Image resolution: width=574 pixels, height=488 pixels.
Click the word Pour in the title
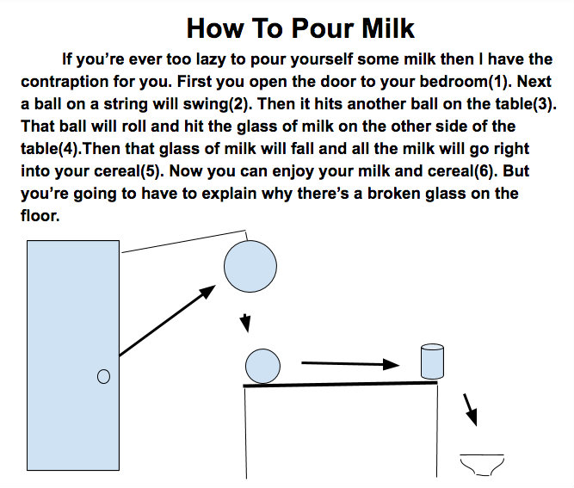(323, 28)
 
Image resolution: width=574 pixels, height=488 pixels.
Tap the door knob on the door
(103, 376)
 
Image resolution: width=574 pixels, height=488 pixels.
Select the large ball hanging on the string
(250, 266)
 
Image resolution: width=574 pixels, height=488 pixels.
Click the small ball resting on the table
(262, 367)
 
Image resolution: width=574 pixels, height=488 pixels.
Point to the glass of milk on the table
(432, 361)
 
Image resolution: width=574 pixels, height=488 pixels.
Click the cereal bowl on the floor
(482, 465)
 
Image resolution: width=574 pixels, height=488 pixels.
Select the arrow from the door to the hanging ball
(167, 321)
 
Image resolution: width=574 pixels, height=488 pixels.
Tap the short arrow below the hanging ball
(245, 323)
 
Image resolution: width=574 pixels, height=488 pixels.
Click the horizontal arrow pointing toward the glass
(350, 364)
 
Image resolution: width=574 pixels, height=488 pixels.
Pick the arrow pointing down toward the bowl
(470, 410)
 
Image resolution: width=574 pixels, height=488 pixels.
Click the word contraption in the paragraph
(65, 82)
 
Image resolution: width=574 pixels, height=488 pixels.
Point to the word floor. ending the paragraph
(40, 216)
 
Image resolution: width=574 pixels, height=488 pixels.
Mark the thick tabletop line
(341, 384)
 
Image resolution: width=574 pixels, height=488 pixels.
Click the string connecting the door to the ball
(184, 241)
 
